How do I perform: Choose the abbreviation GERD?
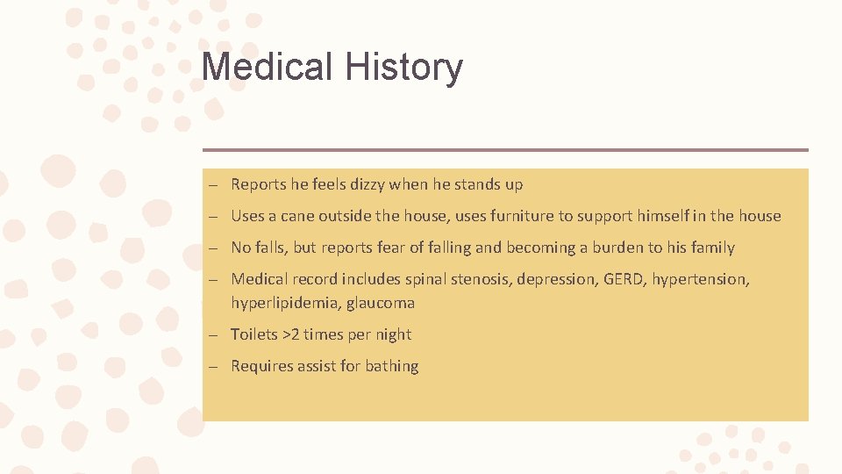point(622,279)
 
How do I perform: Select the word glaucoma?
point(381,303)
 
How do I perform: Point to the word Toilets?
point(254,334)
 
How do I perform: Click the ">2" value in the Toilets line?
point(292,334)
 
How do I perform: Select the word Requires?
point(260,366)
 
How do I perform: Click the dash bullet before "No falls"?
point(213,248)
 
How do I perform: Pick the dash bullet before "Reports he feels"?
point(213,185)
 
